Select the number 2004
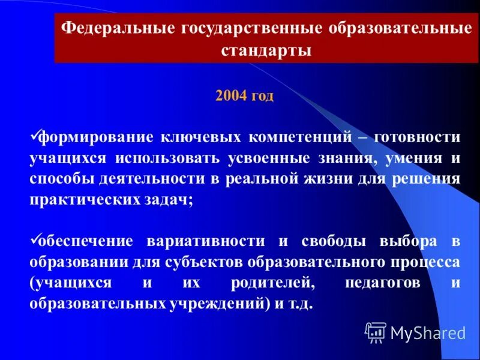coord(230,96)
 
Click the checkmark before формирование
coord(34,136)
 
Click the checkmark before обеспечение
coord(34,239)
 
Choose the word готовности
coord(416,137)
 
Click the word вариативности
coord(204,241)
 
